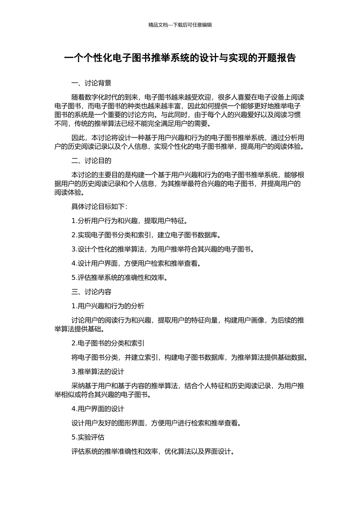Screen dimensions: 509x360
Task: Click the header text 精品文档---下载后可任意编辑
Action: click(x=180, y=25)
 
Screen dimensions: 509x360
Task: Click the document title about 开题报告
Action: click(x=180, y=58)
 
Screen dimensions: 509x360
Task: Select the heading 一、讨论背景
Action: click(x=91, y=83)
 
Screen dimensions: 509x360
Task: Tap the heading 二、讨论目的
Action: click(x=91, y=161)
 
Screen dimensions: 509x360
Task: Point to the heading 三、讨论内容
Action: click(x=91, y=292)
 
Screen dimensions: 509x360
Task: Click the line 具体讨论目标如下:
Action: click(x=99, y=206)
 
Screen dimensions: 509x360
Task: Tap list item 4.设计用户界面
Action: click(x=136, y=263)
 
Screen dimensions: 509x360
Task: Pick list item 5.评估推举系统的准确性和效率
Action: click(x=119, y=278)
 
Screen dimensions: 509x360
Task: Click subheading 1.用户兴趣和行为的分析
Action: click(x=108, y=306)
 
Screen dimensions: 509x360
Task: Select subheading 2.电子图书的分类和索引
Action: click(x=108, y=343)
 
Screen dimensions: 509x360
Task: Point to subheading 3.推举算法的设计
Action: click(x=98, y=372)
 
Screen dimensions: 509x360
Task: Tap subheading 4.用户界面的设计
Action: click(x=98, y=409)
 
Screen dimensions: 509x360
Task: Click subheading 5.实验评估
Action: click(x=88, y=437)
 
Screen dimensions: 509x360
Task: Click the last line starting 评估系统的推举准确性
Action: click(x=153, y=451)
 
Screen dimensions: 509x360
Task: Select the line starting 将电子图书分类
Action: click(x=189, y=357)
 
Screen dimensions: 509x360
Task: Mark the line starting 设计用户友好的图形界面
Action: click(x=156, y=423)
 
